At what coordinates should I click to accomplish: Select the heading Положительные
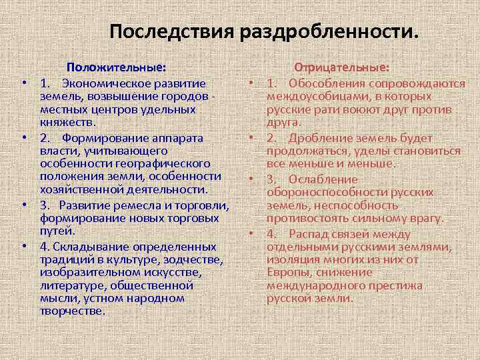coord(116,67)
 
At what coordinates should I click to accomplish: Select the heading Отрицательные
coord(342,67)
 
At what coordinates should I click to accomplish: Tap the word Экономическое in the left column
coord(111,84)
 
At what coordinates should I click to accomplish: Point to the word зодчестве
coord(194,258)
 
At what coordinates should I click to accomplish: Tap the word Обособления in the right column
coord(326,84)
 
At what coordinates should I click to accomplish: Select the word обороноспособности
coord(324,192)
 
